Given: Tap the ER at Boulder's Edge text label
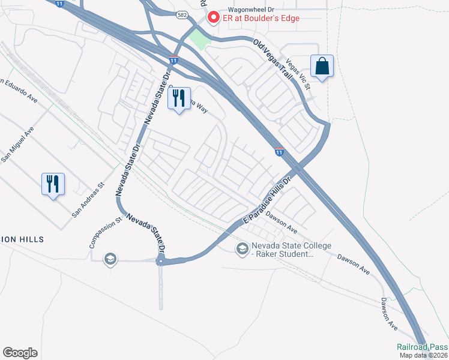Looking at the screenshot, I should click(x=262, y=19).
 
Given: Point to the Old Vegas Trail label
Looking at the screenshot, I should click(x=273, y=60).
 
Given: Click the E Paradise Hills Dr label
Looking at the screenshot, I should click(x=267, y=202).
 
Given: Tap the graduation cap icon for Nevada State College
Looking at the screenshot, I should click(x=242, y=249).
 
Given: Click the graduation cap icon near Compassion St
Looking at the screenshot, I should click(x=110, y=259).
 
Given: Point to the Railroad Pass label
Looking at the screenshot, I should click(x=422, y=347).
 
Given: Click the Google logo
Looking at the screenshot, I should click(x=20, y=353).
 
